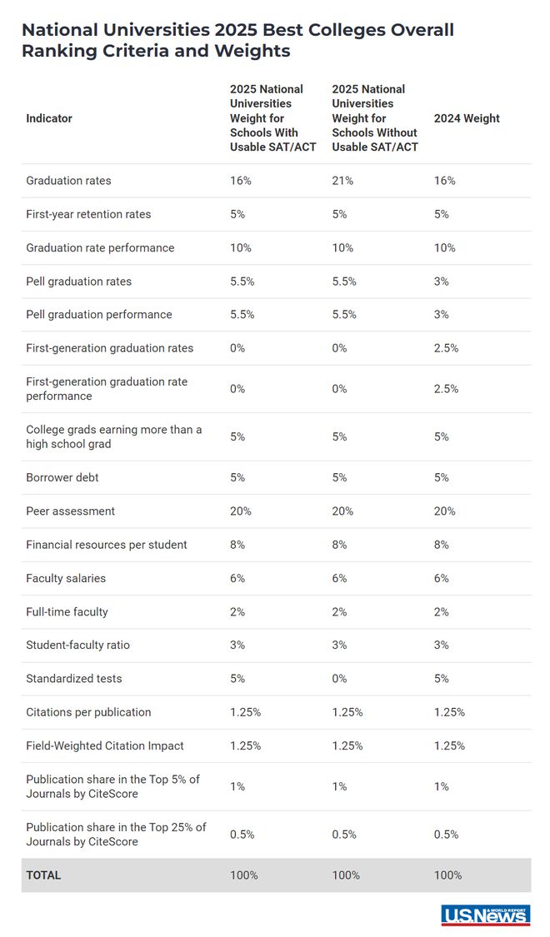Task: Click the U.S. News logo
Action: (486, 915)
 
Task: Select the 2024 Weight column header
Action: (467, 118)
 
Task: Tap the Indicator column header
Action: (49, 118)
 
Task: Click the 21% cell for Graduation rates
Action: (342, 181)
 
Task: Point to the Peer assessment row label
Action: (71, 511)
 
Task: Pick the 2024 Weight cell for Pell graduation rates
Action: (441, 282)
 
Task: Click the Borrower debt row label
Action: (62, 477)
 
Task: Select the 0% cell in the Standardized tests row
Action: (339, 678)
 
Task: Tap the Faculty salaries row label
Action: (66, 578)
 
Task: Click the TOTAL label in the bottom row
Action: (43, 875)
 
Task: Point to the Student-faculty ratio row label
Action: (77, 645)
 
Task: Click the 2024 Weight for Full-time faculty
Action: (441, 611)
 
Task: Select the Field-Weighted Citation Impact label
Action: (105, 745)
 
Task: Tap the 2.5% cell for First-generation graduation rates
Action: (446, 348)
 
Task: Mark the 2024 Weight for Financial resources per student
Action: (441, 545)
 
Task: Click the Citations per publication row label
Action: (88, 712)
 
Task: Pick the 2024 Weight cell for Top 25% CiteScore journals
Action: (446, 835)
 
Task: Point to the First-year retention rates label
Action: (88, 214)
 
